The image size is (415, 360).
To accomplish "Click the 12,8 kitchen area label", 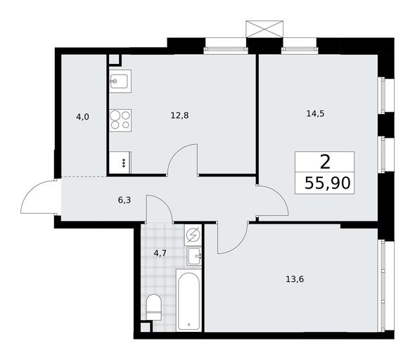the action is pos(179,115).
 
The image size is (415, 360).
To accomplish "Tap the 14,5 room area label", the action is pos(315,114).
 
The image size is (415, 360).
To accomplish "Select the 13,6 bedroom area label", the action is pos(295,279).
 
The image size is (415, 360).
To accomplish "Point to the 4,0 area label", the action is pos(82,117).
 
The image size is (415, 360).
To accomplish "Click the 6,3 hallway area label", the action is pos(124,200).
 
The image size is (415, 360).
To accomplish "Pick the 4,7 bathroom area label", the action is pos(160,253).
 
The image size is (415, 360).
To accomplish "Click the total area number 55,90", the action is pos(327,183).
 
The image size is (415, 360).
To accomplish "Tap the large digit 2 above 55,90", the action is pos(325,162).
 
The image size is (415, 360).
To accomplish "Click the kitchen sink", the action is pos(120,81).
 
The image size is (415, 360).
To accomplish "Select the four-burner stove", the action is pos(120,121).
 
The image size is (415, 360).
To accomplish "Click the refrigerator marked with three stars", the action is pos(120,162).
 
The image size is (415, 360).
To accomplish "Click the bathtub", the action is pos(189,300).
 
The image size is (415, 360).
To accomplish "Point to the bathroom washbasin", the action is pos(195,256).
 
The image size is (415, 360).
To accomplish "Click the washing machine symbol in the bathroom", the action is pos(193,235).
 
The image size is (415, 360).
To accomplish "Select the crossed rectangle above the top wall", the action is pos(264,29).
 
